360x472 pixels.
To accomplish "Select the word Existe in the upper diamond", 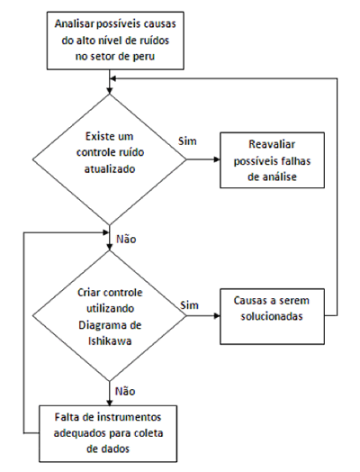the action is pyautogui.click(x=96, y=136).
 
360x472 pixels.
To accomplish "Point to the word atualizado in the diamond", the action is pyautogui.click(x=110, y=168).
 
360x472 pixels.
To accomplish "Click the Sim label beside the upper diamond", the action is pyautogui.click(x=187, y=141).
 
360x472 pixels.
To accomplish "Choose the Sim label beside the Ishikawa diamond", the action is pyautogui.click(x=190, y=305).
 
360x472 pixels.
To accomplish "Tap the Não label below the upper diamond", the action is pyautogui.click(x=126, y=240).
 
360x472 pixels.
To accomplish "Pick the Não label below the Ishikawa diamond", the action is pyautogui.click(x=125, y=391).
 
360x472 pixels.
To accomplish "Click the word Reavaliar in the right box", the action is pyautogui.click(x=272, y=144).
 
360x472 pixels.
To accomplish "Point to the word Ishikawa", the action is pyautogui.click(x=110, y=341).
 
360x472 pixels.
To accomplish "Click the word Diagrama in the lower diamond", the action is pyautogui.click(x=101, y=325).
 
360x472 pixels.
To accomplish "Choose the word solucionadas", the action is pyautogui.click(x=272, y=316).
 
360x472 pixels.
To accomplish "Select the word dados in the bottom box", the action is pyautogui.click(x=116, y=449).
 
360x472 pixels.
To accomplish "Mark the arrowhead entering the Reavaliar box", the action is pyautogui.click(x=217, y=159).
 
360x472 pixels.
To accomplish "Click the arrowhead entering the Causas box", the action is pyautogui.click(x=217, y=316).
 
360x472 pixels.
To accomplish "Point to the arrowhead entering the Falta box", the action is pyautogui.click(x=110, y=403).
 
